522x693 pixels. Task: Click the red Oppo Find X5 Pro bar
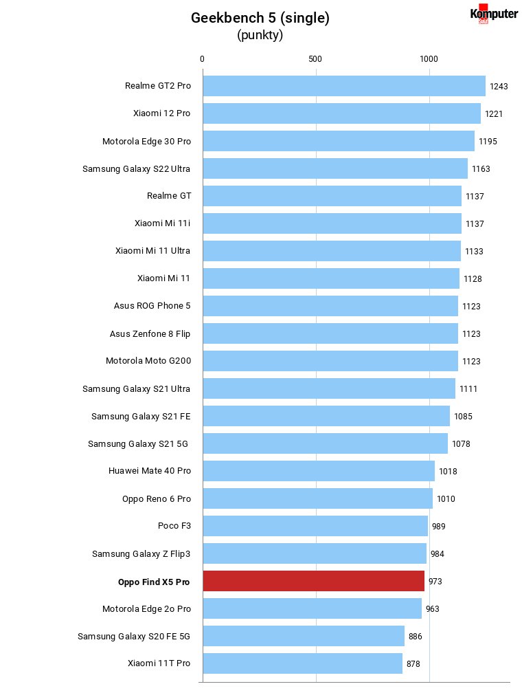tap(314, 581)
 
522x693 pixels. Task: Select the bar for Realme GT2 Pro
tap(345, 86)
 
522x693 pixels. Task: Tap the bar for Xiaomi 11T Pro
tap(303, 663)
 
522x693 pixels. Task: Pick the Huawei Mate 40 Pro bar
tap(319, 471)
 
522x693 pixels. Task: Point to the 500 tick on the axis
tap(315, 59)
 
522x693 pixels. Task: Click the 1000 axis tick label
tap(429, 59)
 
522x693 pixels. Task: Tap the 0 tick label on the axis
tap(202, 59)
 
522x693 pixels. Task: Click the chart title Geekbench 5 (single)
tap(260, 18)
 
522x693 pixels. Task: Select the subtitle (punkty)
tap(260, 35)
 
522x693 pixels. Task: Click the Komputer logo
tap(494, 14)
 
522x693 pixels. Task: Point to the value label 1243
tap(499, 86)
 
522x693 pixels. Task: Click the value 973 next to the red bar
tap(435, 581)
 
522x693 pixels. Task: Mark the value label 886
tap(415, 636)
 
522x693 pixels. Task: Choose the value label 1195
tap(488, 142)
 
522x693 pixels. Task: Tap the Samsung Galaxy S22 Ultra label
tap(137, 169)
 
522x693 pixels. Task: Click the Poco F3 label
tap(174, 525)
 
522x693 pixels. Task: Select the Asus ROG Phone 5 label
tap(152, 305)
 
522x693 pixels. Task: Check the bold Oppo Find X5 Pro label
tap(154, 582)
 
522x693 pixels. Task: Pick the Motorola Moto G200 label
tap(148, 361)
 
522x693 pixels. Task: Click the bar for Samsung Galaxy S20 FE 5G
tap(304, 636)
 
